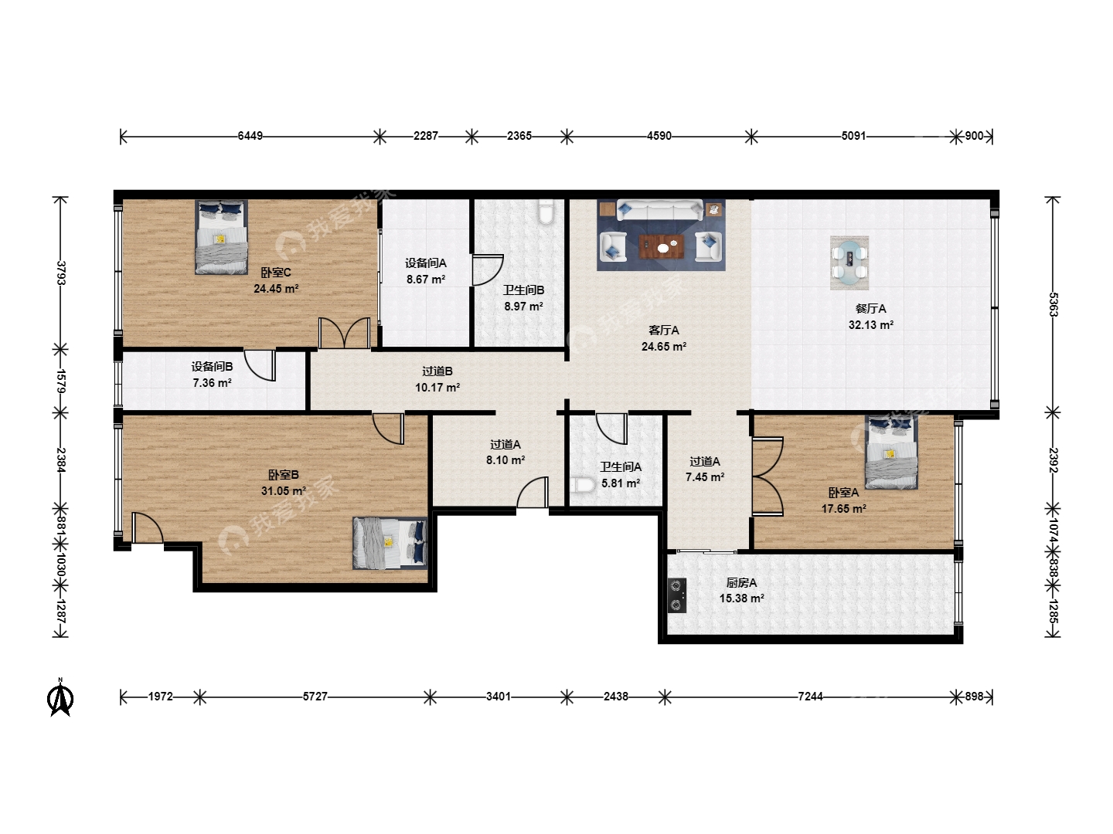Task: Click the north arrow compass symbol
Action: [60, 698]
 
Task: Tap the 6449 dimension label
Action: [250, 136]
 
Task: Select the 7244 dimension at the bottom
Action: [810, 697]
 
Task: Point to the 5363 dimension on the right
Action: [1053, 304]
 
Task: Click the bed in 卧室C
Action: [222, 238]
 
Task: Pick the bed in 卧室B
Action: [390, 543]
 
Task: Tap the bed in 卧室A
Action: [891, 453]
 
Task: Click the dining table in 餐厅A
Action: [849, 263]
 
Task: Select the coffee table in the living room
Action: [661, 246]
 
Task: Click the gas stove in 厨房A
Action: [677, 595]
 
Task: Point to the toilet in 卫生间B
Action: [546, 212]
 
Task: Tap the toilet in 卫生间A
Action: [582, 485]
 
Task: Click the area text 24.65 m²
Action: [664, 347]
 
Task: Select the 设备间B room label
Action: [212, 367]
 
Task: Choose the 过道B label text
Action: [437, 371]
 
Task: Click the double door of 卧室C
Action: [344, 333]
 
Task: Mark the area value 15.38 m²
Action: [741, 598]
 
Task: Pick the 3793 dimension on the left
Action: [61, 273]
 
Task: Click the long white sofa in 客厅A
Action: [660, 209]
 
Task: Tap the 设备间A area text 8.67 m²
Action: [426, 280]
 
